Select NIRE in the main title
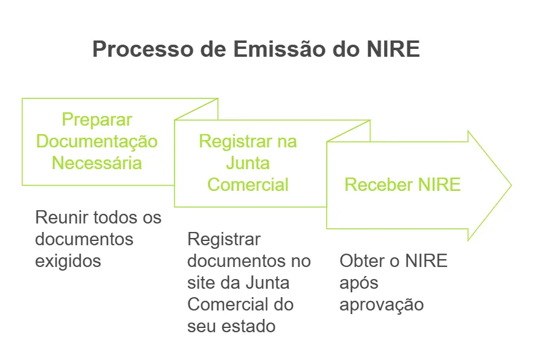tap(393, 50)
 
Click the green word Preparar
tap(97, 120)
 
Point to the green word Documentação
tap(97, 141)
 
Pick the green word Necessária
tap(97, 163)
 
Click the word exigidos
tap(68, 261)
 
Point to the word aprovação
tap(381, 304)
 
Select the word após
tap(358, 283)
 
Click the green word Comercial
tap(248, 184)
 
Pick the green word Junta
tap(248, 163)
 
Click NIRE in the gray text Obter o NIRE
tap(426, 261)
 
